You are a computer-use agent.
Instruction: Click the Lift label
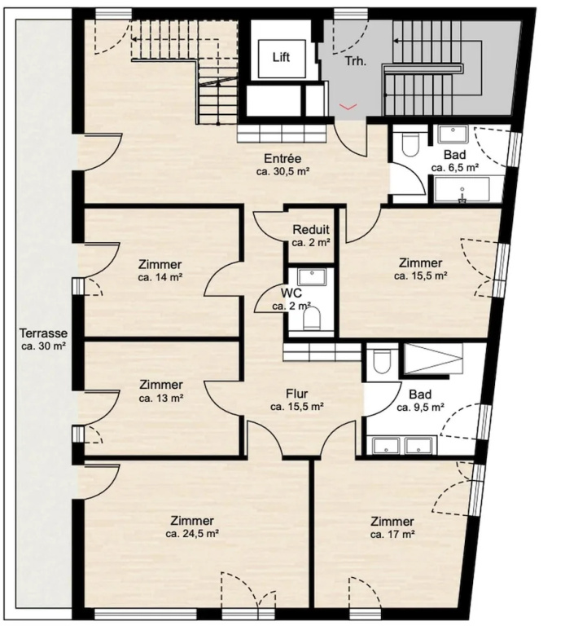(281, 57)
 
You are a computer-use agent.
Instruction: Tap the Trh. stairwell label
(356, 61)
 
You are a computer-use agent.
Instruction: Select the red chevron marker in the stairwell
(348, 106)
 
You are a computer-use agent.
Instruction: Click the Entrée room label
(282, 158)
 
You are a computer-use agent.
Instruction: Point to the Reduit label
(311, 230)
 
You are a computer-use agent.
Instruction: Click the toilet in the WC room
(312, 319)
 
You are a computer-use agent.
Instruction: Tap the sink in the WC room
(312, 277)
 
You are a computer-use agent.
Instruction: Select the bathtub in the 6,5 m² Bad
(462, 190)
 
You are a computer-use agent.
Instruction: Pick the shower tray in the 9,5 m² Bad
(433, 359)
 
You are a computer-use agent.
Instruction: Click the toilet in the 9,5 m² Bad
(381, 362)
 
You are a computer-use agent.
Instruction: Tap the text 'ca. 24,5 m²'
(192, 534)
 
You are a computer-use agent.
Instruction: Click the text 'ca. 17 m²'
(392, 534)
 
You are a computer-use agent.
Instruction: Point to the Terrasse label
(44, 333)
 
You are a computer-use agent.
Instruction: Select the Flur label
(297, 394)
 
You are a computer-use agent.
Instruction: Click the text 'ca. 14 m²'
(160, 277)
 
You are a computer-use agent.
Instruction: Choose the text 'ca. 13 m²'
(161, 398)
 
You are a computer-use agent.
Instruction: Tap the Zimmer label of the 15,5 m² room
(420, 263)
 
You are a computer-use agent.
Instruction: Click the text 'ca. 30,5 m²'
(283, 172)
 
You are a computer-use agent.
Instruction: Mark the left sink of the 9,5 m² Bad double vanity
(386, 447)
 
